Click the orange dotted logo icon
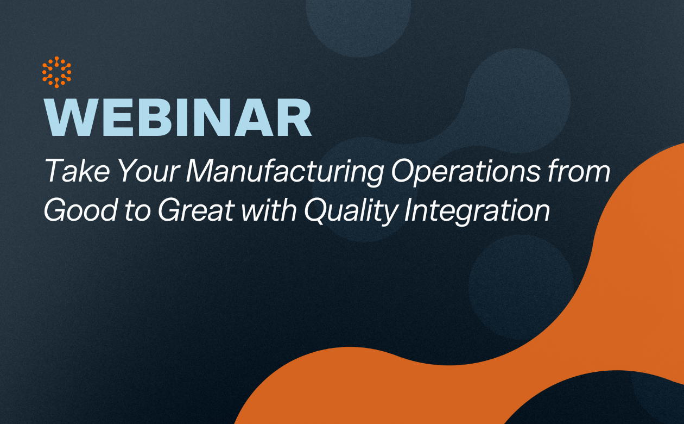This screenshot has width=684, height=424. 56,72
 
